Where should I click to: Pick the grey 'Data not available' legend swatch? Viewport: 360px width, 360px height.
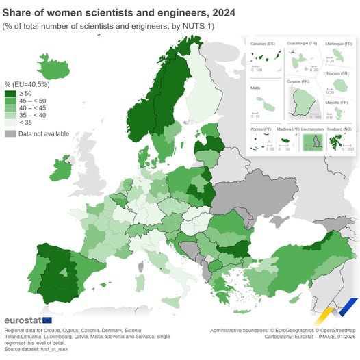[x=11, y=133]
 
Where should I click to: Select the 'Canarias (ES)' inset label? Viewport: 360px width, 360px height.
[x=262, y=44]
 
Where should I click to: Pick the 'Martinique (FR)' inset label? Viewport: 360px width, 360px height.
[x=337, y=42]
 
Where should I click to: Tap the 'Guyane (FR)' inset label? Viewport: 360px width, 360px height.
[x=299, y=81]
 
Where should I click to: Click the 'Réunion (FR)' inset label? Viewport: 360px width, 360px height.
[x=338, y=73]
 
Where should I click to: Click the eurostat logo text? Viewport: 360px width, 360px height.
[x=22, y=320]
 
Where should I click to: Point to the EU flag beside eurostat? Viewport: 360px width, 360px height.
[x=47, y=320]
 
